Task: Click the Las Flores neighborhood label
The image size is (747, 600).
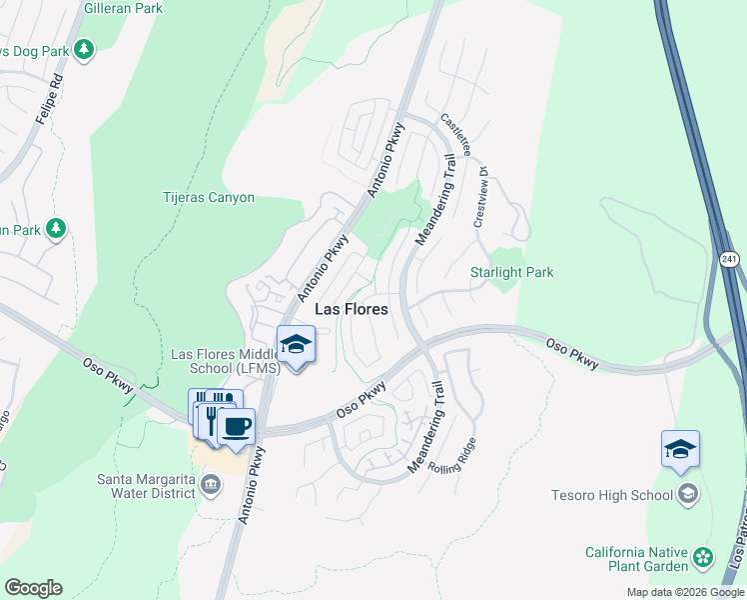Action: (x=352, y=310)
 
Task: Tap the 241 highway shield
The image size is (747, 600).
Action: (x=730, y=259)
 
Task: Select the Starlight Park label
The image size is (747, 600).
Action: (x=511, y=272)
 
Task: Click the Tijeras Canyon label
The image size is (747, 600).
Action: (x=209, y=198)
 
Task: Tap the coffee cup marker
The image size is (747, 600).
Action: (x=236, y=428)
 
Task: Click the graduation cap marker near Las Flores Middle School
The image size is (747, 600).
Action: (x=296, y=345)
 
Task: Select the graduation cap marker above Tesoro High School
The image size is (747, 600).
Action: (x=680, y=449)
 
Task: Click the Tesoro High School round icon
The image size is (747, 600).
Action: (x=688, y=494)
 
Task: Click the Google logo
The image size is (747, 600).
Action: (x=33, y=588)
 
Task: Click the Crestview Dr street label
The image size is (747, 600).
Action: (x=480, y=196)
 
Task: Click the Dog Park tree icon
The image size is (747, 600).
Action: (x=85, y=48)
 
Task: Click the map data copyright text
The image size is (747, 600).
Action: (x=684, y=592)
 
